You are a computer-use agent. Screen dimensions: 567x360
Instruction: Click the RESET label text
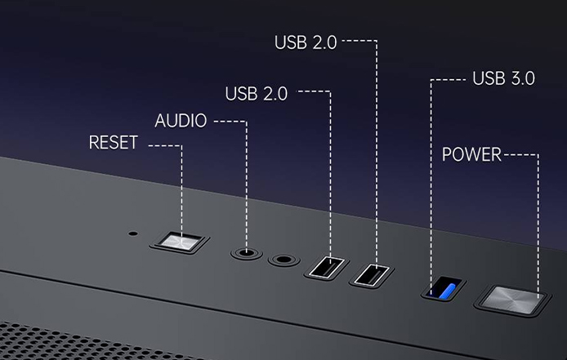(114, 142)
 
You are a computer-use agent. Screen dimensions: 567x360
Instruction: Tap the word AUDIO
(181, 121)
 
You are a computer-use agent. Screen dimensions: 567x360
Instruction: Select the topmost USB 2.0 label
(306, 42)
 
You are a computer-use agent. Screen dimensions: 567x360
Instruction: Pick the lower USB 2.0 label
(257, 94)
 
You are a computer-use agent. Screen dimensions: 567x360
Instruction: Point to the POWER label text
(471, 155)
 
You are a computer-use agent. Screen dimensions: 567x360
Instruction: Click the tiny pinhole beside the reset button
(133, 233)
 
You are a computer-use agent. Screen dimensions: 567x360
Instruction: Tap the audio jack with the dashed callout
(247, 252)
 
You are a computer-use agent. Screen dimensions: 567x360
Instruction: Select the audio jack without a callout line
(283, 260)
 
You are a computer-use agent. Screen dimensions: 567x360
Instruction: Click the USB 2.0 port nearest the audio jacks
(327, 268)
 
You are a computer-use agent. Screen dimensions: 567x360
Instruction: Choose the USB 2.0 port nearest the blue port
(372, 275)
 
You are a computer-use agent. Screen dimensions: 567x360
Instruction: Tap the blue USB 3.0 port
(444, 288)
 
